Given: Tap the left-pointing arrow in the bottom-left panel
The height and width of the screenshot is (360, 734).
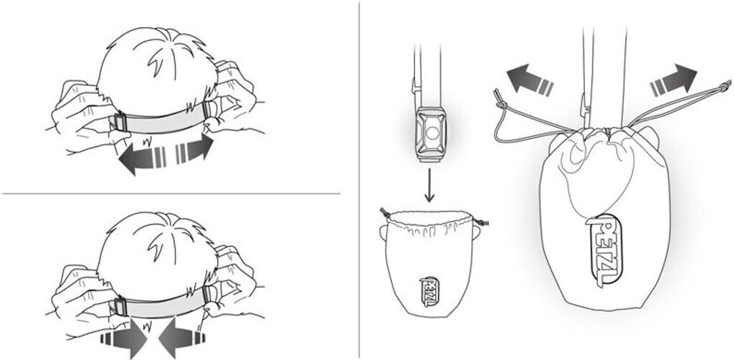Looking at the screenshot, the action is [x=181, y=337].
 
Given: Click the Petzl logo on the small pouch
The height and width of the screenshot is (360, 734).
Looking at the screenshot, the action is [x=430, y=291].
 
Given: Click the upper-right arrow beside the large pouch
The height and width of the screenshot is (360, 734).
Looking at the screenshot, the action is [x=674, y=78].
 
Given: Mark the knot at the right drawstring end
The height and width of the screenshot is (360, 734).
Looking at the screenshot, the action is [x=725, y=86].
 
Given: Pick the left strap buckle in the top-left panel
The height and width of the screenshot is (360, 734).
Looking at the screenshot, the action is [x=119, y=123].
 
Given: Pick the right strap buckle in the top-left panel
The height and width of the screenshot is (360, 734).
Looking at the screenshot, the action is [x=210, y=110].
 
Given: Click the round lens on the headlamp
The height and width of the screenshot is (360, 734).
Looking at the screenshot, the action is [x=432, y=133].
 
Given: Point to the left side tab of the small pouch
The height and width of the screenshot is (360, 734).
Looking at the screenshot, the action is [x=383, y=232].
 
